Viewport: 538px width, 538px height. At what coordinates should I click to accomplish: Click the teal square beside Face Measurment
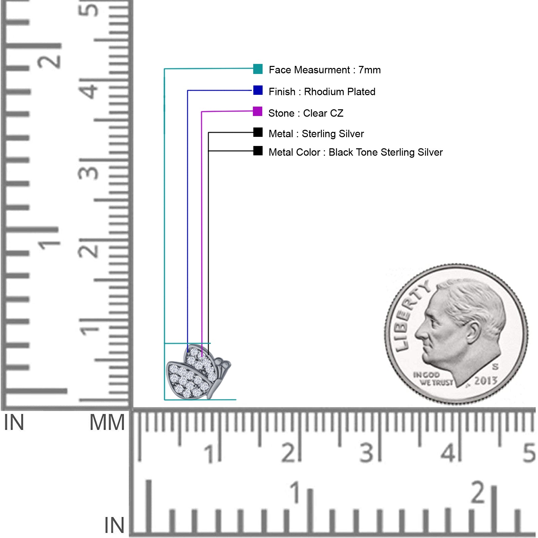click(258, 69)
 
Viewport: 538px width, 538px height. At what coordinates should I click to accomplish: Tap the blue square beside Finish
click(258, 90)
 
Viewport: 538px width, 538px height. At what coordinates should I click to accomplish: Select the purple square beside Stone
click(258, 111)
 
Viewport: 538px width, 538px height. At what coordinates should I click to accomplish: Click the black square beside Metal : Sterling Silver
click(258, 132)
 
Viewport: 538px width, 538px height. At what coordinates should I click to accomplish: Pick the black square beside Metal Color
click(258, 151)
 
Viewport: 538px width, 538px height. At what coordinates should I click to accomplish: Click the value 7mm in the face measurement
click(370, 70)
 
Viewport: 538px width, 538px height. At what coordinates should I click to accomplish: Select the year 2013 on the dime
click(486, 381)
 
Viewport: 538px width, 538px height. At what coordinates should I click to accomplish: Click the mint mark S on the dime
click(495, 366)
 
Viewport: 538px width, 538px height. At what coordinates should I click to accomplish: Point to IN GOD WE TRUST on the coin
click(433, 379)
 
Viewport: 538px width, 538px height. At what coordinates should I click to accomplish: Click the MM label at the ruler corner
click(107, 423)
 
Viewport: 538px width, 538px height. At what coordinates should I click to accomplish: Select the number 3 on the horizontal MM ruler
click(367, 453)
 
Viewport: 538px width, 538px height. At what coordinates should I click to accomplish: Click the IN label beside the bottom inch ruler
click(114, 526)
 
